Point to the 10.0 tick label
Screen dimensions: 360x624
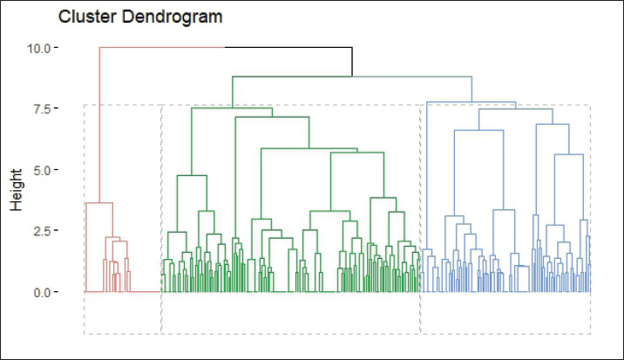coord(40,48)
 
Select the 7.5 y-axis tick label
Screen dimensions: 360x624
coord(44,109)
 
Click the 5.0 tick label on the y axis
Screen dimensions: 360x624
coord(44,170)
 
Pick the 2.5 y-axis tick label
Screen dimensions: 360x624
coord(44,231)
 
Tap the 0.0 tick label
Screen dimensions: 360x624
coord(44,292)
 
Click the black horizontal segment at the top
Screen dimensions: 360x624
coord(288,47)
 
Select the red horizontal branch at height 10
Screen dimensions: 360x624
coord(161,47)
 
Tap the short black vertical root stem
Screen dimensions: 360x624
coord(351,61)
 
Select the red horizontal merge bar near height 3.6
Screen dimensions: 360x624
coord(99,203)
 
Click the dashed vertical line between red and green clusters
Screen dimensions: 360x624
coord(161,218)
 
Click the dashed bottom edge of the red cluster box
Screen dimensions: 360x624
coord(122,333)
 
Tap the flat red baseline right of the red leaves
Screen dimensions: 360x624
coord(146,291)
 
